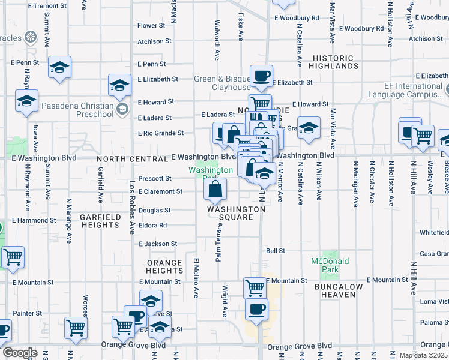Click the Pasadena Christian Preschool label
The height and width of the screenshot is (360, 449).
77,110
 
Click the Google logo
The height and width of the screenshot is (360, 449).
19,353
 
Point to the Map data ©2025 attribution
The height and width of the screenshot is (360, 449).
424,355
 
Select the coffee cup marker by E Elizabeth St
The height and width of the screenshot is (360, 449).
261,76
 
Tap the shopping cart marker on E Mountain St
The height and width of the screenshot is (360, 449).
255,289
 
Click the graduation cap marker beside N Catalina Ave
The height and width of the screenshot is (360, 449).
309,128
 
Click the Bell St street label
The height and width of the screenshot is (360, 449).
275,250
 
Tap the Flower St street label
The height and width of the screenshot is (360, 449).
151,26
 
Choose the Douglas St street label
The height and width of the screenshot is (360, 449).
155,211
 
